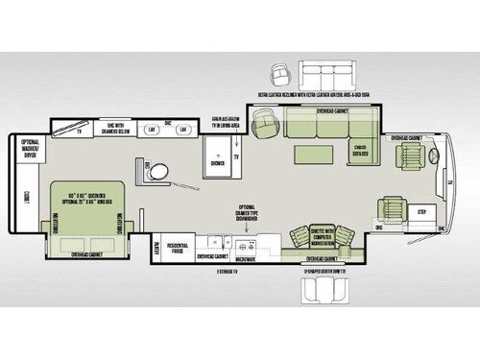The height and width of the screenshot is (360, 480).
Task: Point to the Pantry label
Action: (x=155, y=247)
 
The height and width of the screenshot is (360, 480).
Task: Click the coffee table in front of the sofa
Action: (x=312, y=155)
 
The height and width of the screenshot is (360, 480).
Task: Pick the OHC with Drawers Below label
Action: (x=113, y=130)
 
